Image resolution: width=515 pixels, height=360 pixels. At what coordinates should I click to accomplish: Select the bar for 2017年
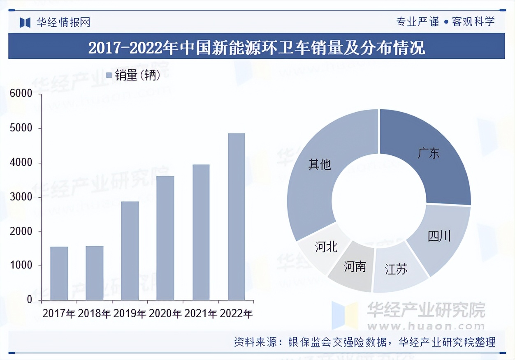59,273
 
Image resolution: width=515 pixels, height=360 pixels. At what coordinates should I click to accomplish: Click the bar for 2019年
130,251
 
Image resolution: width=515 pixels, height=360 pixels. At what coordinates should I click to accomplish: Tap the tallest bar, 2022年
236,217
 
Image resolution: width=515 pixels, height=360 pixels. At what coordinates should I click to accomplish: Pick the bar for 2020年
165,238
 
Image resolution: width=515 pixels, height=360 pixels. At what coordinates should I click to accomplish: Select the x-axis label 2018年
94,314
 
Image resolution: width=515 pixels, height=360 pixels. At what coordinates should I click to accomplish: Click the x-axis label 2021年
201,314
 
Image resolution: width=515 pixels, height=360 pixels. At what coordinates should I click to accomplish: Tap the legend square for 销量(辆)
109,75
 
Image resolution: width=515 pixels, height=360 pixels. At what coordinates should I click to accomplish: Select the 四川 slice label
439,236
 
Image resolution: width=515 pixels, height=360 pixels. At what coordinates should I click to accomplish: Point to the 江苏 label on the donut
396,270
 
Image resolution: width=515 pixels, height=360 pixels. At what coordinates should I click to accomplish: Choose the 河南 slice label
355,267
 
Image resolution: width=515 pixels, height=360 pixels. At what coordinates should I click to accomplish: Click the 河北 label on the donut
326,247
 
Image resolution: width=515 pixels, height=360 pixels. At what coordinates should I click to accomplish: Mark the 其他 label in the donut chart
320,165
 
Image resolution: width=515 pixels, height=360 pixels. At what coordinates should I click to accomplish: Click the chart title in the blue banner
257,48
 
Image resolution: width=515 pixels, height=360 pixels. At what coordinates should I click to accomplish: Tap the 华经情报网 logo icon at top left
25,22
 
